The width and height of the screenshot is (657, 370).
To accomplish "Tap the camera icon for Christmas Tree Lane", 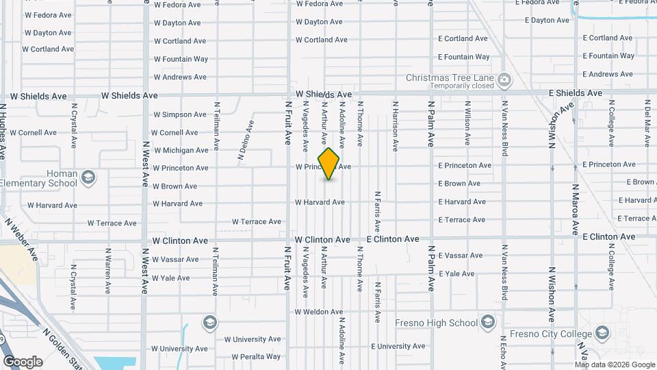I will click(x=504, y=79).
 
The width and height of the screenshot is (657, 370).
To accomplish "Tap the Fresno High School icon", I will click(x=487, y=322).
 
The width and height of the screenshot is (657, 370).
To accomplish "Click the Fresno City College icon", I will click(x=602, y=334).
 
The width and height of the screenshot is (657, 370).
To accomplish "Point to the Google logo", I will click(x=23, y=361).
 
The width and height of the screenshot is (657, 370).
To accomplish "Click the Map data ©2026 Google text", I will click(x=612, y=364).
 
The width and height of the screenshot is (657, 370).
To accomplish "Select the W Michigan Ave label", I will click(x=181, y=150).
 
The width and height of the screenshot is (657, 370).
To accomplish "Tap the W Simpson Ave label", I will click(x=179, y=114).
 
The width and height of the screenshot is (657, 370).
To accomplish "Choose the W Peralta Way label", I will click(x=256, y=356).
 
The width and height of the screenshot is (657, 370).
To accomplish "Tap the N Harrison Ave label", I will click(x=395, y=127).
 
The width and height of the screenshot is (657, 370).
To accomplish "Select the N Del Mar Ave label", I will click(x=647, y=121).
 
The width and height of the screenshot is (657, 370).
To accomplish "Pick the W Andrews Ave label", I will click(x=180, y=77).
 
